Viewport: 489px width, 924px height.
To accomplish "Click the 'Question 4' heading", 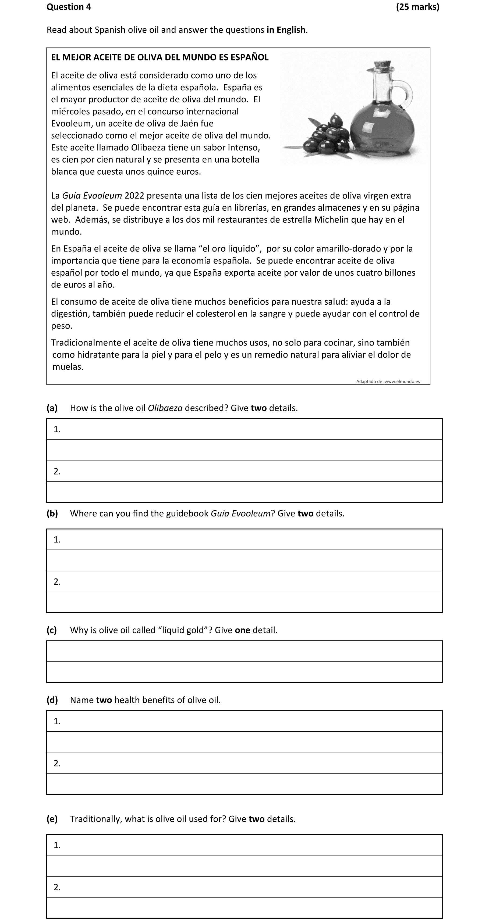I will [x=69, y=7].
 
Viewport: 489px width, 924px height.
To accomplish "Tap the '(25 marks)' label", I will [x=417, y=7].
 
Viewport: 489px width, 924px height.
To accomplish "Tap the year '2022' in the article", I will [x=134, y=196].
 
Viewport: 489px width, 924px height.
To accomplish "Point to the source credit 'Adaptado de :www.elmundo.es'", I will [x=388, y=382].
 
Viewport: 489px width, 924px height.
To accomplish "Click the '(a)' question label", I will [x=52, y=408].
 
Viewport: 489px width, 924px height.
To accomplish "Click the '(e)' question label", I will [x=52, y=819].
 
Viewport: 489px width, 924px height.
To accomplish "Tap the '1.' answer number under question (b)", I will [x=57, y=540].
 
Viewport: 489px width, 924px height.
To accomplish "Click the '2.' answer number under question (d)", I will [x=57, y=763].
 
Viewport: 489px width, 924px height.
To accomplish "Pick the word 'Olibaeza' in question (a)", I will [x=165, y=408].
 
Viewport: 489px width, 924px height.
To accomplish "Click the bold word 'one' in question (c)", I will [x=242, y=630].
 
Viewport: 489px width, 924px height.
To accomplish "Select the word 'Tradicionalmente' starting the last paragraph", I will [x=86, y=343].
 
